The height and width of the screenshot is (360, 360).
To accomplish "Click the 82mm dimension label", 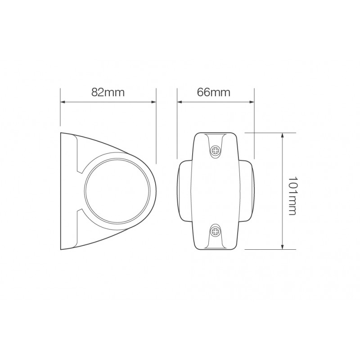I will (108, 92).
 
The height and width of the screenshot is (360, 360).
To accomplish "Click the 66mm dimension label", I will (214, 92).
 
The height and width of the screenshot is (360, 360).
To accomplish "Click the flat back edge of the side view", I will (61, 191).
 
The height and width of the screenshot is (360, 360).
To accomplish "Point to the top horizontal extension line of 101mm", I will (270, 133).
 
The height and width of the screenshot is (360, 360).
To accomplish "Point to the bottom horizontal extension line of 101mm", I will (270, 249).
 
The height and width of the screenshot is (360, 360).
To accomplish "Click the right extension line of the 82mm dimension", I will (156, 135).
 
